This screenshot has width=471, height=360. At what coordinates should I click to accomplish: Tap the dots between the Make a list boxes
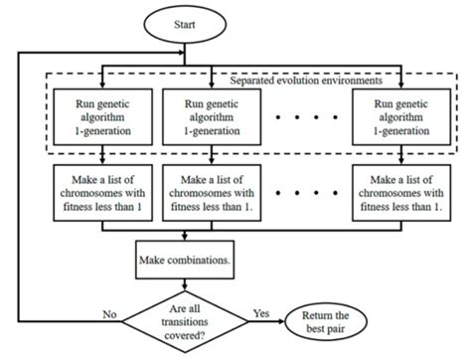[x=304, y=191]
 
